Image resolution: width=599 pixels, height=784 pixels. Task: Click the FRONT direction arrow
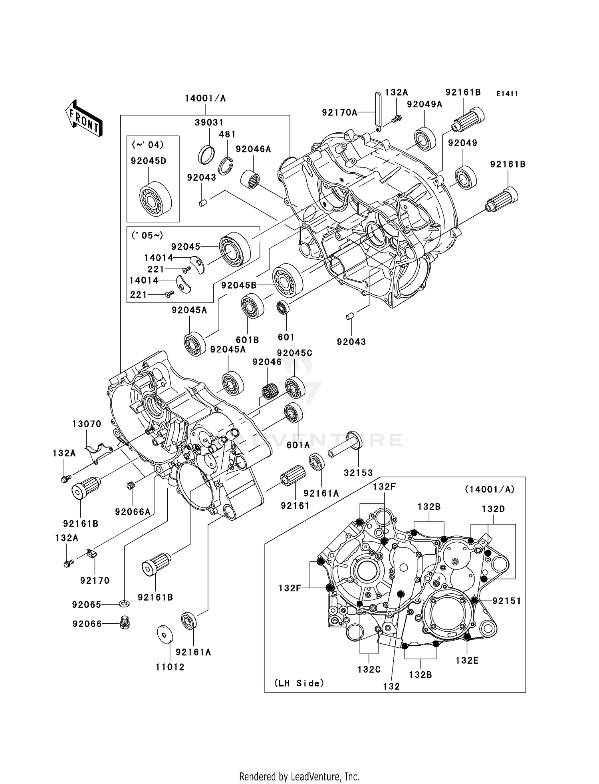[84, 118]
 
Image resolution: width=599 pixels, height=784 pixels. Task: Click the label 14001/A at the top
[205, 98]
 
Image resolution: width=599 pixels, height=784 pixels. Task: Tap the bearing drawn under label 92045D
[155, 199]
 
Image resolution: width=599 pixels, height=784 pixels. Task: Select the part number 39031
[209, 123]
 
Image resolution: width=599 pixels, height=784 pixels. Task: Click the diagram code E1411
[507, 94]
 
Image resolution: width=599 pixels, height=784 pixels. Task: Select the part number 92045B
[239, 285]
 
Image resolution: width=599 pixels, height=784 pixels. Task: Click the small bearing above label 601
[283, 308]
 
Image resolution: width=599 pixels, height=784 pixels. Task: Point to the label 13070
[87, 424]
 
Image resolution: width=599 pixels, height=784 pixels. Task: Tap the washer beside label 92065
[124, 603]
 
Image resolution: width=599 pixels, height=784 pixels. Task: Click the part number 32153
[358, 473]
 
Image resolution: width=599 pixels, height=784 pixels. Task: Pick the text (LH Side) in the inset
[299, 683]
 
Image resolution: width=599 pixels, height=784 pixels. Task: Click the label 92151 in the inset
[506, 601]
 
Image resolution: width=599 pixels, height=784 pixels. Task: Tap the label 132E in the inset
[467, 661]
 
